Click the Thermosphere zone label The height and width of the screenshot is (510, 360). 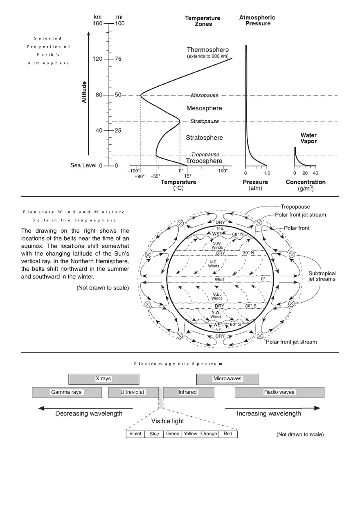click(x=208, y=50)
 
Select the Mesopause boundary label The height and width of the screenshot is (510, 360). click(x=205, y=95)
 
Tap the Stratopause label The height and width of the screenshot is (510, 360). click(x=205, y=121)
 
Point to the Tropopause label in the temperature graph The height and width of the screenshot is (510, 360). click(x=205, y=155)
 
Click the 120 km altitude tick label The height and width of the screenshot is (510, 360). click(x=98, y=59)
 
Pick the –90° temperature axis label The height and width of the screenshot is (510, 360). click(x=140, y=177)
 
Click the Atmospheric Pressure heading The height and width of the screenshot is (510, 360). click(x=257, y=20)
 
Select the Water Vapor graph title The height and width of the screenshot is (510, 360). click(x=308, y=138)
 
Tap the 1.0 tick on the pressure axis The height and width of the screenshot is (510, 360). click(x=266, y=173)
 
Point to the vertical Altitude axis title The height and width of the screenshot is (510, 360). click(x=84, y=92)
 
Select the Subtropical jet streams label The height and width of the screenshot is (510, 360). click(x=322, y=276)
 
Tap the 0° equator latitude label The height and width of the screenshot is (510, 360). click(x=263, y=279)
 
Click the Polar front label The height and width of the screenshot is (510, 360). click(x=297, y=228)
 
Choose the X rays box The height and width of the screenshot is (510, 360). click(x=103, y=379)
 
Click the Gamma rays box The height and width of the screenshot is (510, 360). click(x=67, y=392)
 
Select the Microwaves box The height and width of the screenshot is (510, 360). click(x=227, y=379)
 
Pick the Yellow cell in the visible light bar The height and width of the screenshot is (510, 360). click(x=191, y=434)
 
